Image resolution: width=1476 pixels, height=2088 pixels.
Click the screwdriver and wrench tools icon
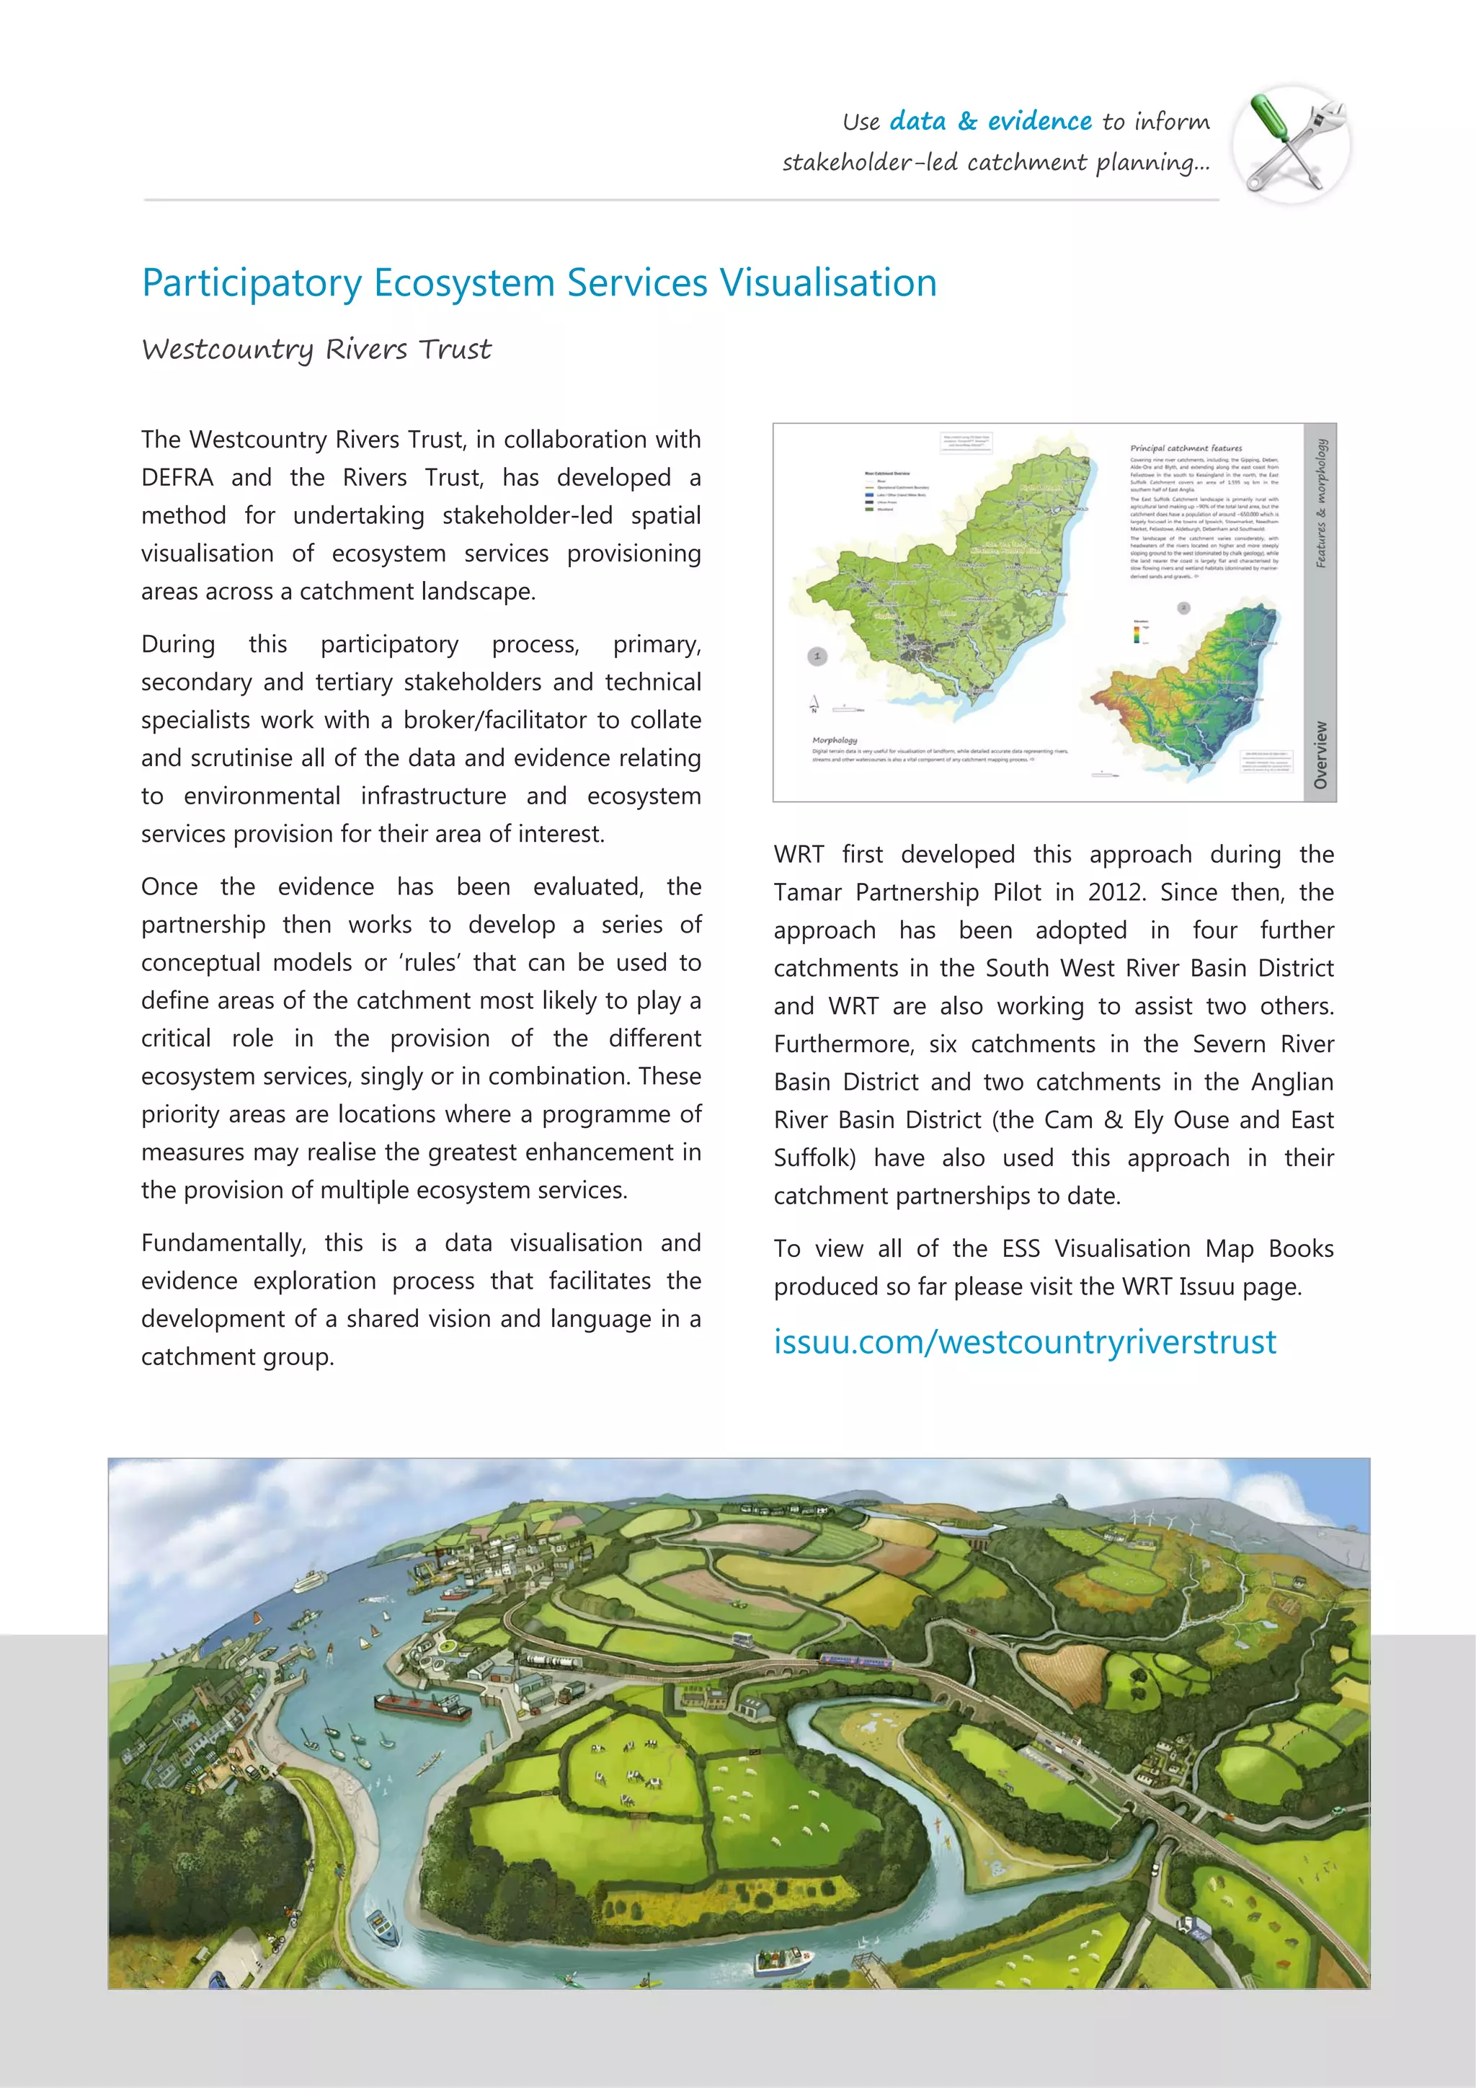tap(1291, 143)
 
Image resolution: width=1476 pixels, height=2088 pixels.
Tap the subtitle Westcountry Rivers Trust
tap(316, 350)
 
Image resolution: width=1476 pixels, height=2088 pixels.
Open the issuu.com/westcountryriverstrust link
tap(1025, 1341)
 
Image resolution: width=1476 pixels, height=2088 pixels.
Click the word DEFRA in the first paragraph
tap(177, 477)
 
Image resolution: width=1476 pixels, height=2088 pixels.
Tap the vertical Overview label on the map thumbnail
tap(1320, 755)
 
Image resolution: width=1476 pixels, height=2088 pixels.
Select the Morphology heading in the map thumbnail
tap(834, 740)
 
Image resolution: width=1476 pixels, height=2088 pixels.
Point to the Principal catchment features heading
tap(1185, 448)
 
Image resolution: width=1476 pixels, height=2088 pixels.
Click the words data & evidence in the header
tap(990, 121)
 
